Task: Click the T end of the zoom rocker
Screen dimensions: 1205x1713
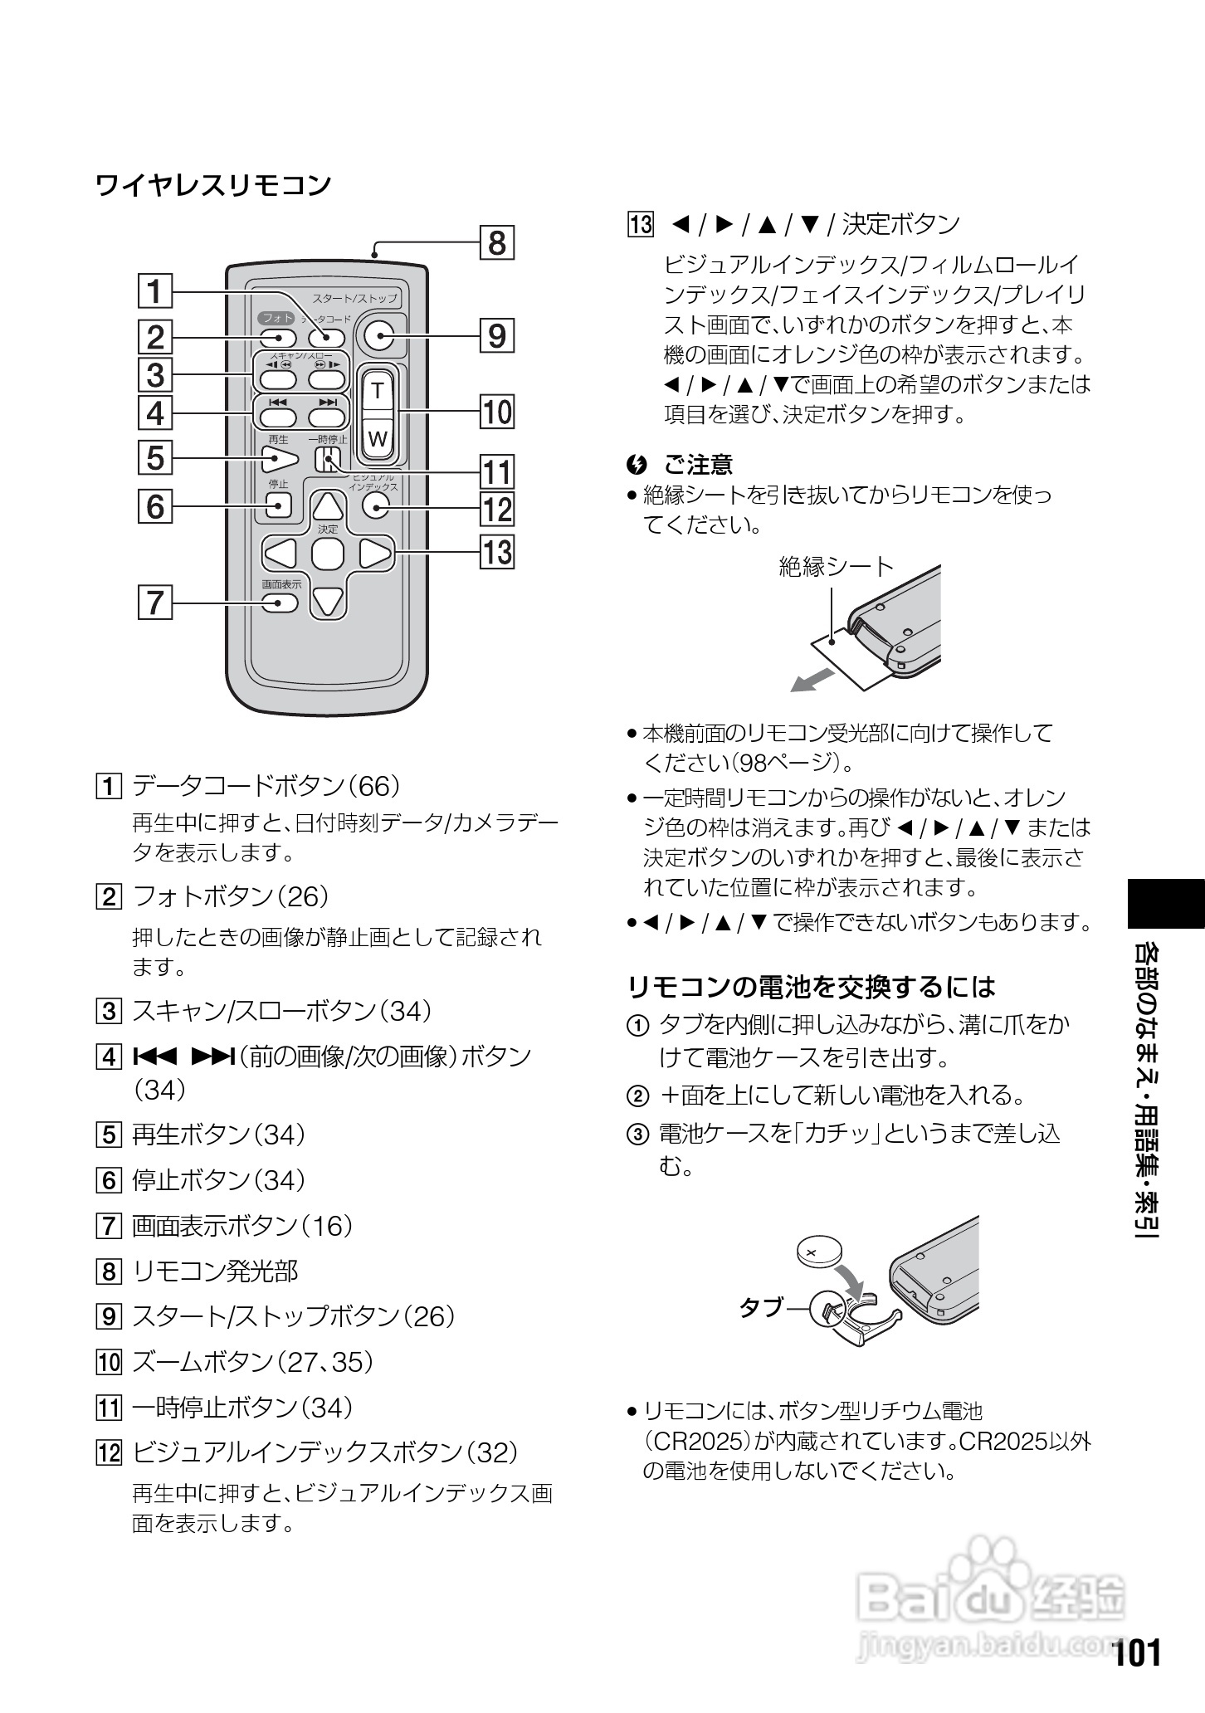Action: click(x=378, y=389)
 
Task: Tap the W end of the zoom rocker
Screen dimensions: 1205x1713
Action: click(x=378, y=438)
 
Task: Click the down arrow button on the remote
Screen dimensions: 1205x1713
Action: click(x=329, y=601)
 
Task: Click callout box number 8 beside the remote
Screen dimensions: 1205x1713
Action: click(x=496, y=243)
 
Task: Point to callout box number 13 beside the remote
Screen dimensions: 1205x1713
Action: click(x=497, y=551)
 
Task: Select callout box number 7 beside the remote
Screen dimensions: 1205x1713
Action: click(x=155, y=602)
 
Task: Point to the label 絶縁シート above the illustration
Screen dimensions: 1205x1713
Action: click(x=837, y=567)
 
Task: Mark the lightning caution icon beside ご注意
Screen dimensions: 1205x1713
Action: click(x=637, y=464)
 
